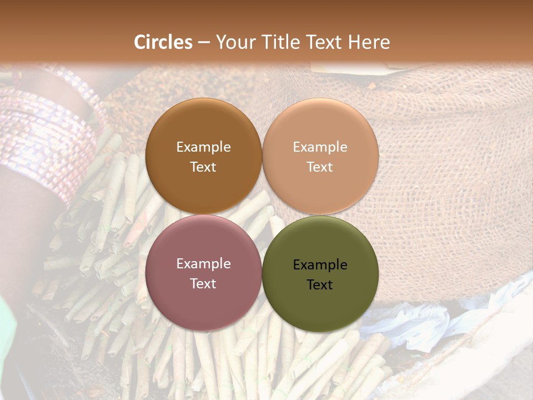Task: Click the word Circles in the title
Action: coord(163,42)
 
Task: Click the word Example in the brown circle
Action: coord(203,147)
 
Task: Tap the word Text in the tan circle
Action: coord(320,167)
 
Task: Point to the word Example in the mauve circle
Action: coord(203,264)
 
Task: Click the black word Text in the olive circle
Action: coord(320,285)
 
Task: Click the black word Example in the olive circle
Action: coord(320,265)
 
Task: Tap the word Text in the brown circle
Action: coord(203,167)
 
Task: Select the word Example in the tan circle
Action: coord(320,147)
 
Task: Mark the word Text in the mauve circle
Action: coord(203,284)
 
